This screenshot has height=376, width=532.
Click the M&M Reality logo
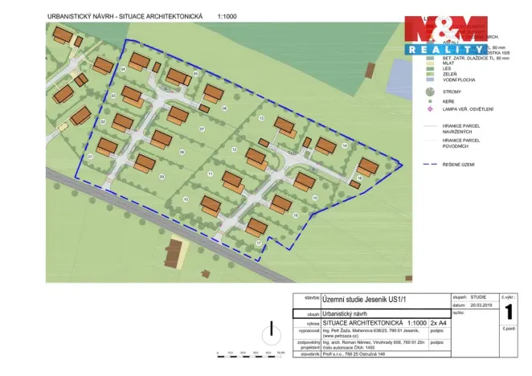445,35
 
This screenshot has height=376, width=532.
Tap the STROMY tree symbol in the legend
431,93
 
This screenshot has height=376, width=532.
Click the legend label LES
445,67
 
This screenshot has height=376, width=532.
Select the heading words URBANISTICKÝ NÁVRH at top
82,14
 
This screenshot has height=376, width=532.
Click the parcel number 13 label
262,118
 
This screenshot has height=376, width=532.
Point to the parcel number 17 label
258,242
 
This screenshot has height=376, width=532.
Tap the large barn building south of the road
175,253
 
